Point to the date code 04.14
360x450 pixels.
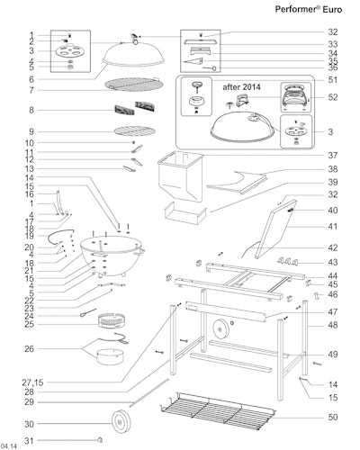[9, 445]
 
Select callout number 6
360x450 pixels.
[31, 79]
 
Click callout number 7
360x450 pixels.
[31, 91]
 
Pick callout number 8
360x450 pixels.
[31, 111]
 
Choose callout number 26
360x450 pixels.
[30, 347]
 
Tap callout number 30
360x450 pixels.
[30, 424]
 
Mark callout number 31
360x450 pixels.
[30, 440]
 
